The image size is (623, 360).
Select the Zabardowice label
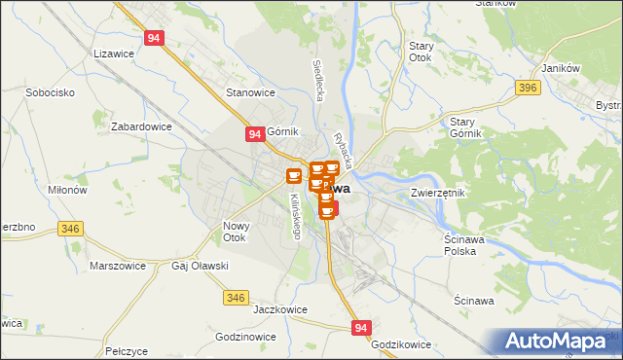141,126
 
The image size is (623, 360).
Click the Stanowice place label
251,92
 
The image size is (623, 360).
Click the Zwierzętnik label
439,193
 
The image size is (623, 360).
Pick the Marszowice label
117,266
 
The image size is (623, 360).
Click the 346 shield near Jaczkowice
236,297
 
